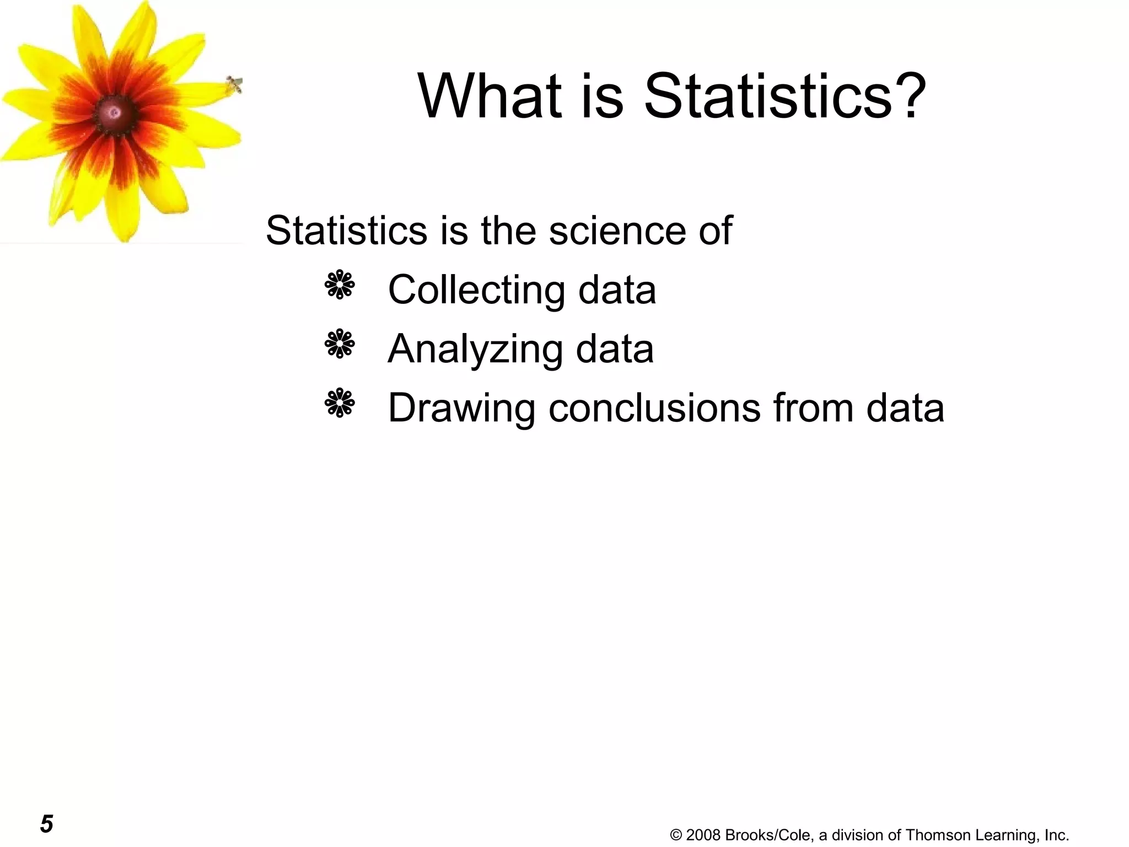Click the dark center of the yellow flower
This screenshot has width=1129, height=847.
coord(114,113)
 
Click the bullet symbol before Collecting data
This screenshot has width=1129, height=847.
coord(340,285)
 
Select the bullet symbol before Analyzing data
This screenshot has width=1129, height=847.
coord(340,344)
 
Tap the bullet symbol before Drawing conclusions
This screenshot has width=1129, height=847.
coord(340,403)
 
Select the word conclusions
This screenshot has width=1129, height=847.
coord(654,408)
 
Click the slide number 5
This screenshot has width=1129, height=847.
coord(46,824)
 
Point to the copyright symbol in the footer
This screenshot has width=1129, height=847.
coord(676,835)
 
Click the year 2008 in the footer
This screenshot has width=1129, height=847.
coord(703,835)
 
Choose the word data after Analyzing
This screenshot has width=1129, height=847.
coord(615,350)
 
